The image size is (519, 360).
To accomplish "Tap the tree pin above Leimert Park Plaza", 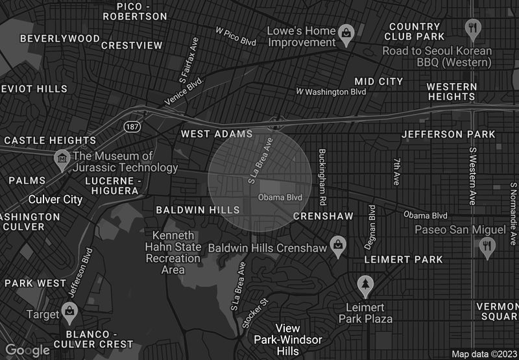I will click(x=365, y=285).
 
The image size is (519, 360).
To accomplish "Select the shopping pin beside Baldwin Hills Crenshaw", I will click(x=337, y=246).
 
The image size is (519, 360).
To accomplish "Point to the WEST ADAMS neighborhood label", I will click(x=217, y=134).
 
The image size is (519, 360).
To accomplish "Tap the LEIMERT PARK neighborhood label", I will click(x=404, y=259).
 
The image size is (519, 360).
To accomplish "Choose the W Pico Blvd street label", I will click(x=236, y=36).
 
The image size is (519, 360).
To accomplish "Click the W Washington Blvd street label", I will click(x=331, y=92).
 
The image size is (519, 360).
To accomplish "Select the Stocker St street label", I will click(x=255, y=313).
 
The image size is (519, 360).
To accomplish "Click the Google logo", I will click(x=28, y=350).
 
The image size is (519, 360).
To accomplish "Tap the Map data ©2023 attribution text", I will click(x=483, y=354).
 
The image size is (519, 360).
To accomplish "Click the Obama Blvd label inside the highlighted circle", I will click(x=280, y=197).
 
